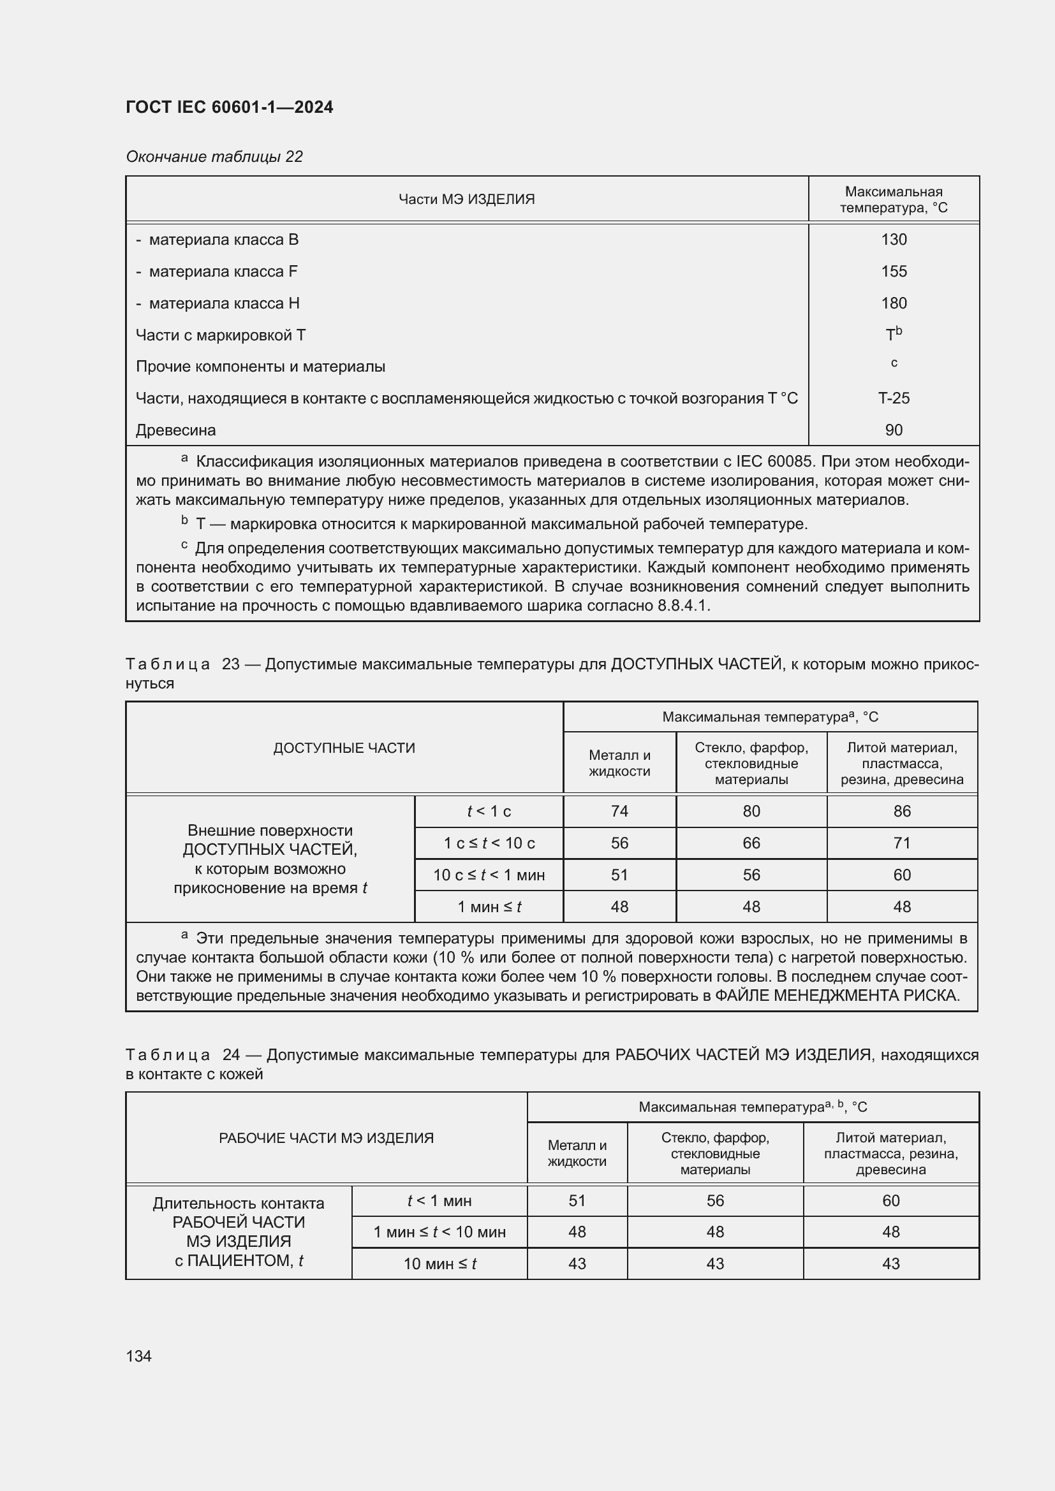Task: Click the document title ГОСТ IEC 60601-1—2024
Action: (230, 107)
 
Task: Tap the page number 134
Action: (138, 1356)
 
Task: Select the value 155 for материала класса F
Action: (893, 272)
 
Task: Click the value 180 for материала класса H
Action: (893, 303)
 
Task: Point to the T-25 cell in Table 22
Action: (893, 398)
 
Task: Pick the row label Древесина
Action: (175, 430)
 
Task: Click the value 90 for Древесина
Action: (893, 430)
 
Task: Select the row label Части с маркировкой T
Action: (220, 335)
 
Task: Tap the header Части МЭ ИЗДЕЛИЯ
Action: (466, 200)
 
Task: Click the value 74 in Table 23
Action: (619, 811)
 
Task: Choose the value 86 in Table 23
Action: (902, 811)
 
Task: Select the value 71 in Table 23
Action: (902, 843)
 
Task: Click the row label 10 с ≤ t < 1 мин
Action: (489, 875)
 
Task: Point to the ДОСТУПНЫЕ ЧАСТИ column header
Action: (344, 748)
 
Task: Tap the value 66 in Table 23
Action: (751, 843)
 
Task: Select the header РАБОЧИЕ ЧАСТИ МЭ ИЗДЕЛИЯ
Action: (326, 1138)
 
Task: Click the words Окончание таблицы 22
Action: (214, 157)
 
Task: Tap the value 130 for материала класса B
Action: (893, 240)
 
